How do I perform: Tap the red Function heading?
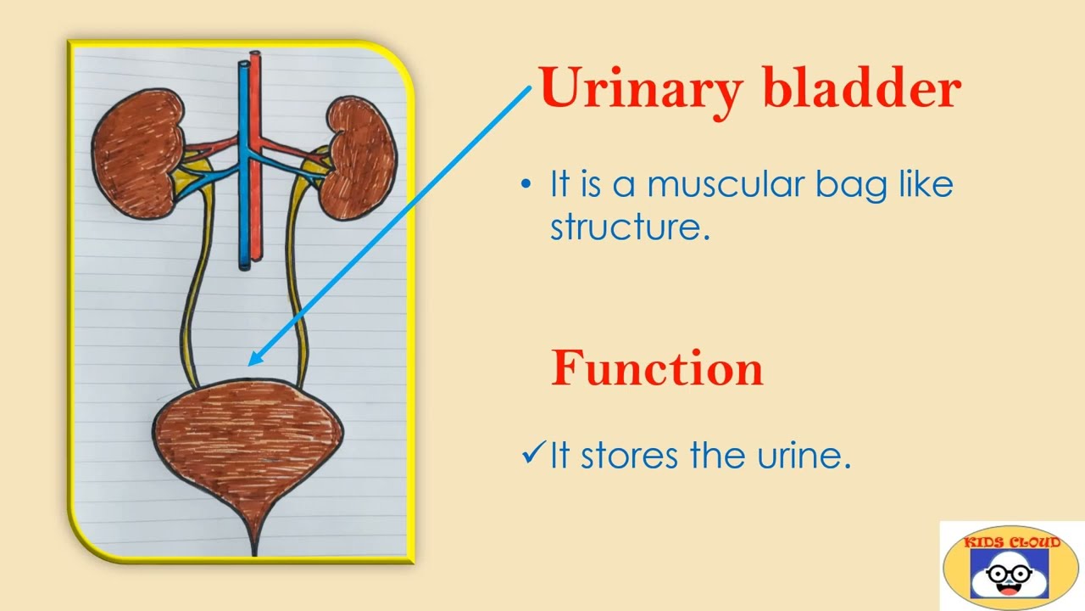pyautogui.click(x=657, y=368)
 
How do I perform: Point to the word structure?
pyautogui.click(x=630, y=227)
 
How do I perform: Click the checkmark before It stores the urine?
pyautogui.click(x=533, y=455)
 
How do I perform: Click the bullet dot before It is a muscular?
pyautogui.click(x=527, y=184)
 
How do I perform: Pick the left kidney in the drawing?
pyautogui.click(x=137, y=154)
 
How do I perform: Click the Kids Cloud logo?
pyautogui.click(x=1010, y=566)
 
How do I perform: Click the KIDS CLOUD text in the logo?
pyautogui.click(x=1010, y=541)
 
